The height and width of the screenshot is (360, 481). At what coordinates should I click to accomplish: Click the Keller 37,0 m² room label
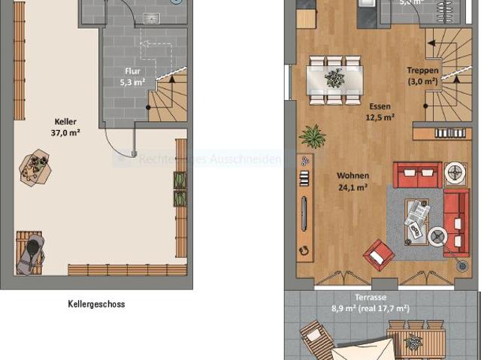[x=66, y=126]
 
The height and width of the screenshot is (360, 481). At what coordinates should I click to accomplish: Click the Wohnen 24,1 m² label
[x=352, y=182]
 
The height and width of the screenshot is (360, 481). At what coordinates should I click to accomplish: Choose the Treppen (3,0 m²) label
[x=422, y=76]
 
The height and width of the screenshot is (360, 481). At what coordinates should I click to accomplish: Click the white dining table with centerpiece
[x=334, y=77]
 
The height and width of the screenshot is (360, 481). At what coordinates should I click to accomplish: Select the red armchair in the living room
[x=378, y=255]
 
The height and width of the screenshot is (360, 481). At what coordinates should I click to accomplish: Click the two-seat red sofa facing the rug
[x=417, y=175]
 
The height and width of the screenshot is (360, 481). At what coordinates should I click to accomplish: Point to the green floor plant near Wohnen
[x=312, y=137]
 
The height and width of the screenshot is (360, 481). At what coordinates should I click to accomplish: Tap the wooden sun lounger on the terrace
[x=319, y=340]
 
